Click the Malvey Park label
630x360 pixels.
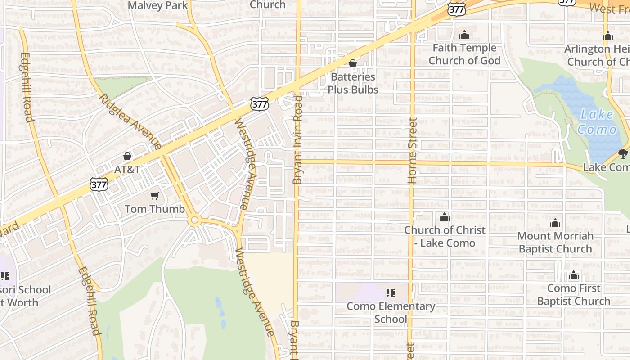pyautogui.click(x=158, y=5)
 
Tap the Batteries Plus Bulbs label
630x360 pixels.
pyautogui.click(x=353, y=83)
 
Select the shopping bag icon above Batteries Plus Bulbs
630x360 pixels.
pyautogui.click(x=353, y=63)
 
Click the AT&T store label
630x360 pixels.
pyautogui.click(x=127, y=170)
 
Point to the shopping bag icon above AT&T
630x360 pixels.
pyautogui.click(x=127, y=156)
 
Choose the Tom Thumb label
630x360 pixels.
pyautogui.click(x=154, y=209)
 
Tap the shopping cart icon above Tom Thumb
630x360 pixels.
pyautogui.click(x=155, y=196)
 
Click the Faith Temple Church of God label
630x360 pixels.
pyautogui.click(x=464, y=54)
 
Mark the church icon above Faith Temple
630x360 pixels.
pyautogui.click(x=464, y=35)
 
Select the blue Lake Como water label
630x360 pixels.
pyautogui.click(x=597, y=122)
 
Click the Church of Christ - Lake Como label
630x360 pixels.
pyautogui.click(x=445, y=236)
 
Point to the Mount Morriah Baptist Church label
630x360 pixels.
pyautogui.click(x=555, y=242)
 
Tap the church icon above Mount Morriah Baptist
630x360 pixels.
pyautogui.click(x=555, y=223)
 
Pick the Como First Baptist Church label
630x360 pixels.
pyautogui.click(x=574, y=294)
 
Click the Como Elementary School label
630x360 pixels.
pyautogui.click(x=391, y=313)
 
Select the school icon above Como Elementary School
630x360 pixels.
pyautogui.click(x=390, y=293)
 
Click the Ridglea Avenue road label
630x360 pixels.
pyautogui.click(x=130, y=121)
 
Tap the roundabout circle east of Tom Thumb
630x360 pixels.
pyautogui.click(x=195, y=220)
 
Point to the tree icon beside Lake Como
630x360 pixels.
pyautogui.click(x=623, y=154)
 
